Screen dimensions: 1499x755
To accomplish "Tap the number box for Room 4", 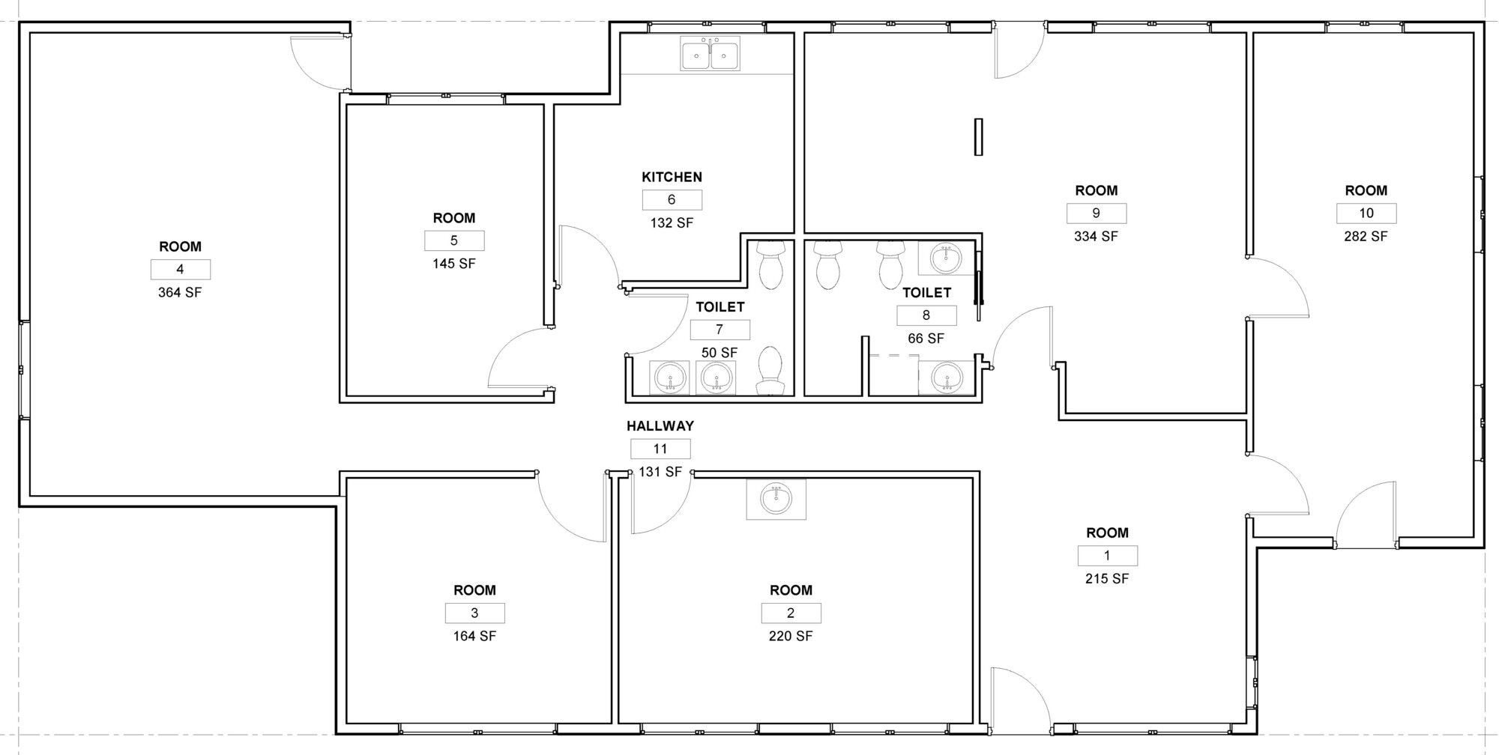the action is [180, 270].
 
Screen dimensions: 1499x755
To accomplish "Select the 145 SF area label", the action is [454, 264].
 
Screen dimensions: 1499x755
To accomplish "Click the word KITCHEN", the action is [672, 177].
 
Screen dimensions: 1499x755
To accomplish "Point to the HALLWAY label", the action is [660, 425].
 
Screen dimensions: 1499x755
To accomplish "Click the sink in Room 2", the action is [776, 499].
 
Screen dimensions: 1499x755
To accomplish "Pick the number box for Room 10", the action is [1366, 213].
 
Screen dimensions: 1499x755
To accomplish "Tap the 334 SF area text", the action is [1097, 236].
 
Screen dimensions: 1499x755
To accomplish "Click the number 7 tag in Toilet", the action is [720, 330].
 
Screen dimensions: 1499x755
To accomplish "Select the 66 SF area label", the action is [926, 339].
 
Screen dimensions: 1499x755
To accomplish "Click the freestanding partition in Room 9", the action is [978, 136].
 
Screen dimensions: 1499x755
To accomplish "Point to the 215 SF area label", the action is [1108, 578].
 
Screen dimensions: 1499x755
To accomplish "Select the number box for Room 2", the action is [791, 613].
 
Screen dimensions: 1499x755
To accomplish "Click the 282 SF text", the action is [1366, 236].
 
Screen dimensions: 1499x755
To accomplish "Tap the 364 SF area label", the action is [180, 292].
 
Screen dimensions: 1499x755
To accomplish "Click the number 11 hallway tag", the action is [660, 449].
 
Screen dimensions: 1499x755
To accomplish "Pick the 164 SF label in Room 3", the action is [474, 636].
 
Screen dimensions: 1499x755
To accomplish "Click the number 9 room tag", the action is [1097, 213].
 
